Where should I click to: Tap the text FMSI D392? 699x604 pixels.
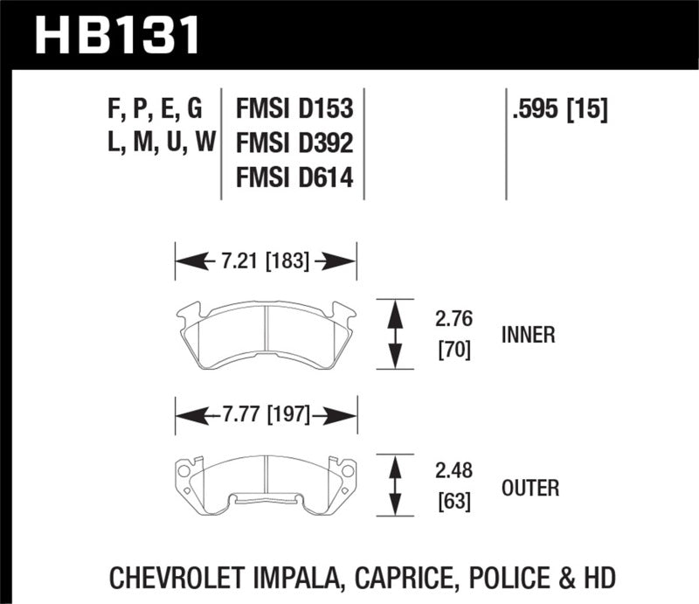point(294,144)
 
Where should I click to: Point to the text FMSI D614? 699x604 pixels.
point(294,178)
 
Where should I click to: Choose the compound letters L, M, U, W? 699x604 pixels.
point(153,142)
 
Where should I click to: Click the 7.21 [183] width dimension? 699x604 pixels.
point(266,260)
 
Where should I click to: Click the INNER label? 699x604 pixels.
point(529,336)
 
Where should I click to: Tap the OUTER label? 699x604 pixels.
point(529,489)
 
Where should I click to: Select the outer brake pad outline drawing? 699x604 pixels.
point(266,481)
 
